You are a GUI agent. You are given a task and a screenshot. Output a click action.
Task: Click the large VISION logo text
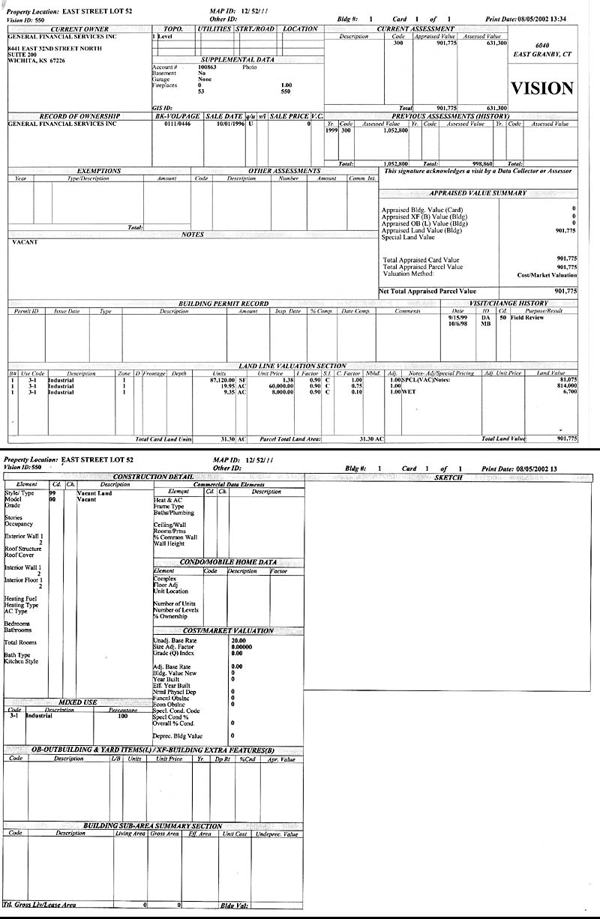[x=542, y=88]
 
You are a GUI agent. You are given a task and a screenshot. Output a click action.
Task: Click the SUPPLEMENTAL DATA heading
[x=238, y=60]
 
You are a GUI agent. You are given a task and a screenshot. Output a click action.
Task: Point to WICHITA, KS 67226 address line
[x=36, y=61]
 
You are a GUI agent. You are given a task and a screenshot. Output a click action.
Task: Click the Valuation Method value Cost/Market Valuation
[x=547, y=274]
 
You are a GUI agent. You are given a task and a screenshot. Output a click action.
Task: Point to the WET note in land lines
[x=409, y=392]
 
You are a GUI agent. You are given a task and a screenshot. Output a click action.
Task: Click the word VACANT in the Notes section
[x=25, y=242]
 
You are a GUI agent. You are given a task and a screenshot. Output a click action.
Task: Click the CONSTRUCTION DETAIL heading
[x=152, y=477]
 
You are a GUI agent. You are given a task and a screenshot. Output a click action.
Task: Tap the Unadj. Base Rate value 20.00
[x=238, y=641]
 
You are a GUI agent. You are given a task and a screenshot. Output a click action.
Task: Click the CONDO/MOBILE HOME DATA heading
[x=227, y=561]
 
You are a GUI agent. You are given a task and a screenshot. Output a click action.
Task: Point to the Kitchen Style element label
[x=21, y=662]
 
